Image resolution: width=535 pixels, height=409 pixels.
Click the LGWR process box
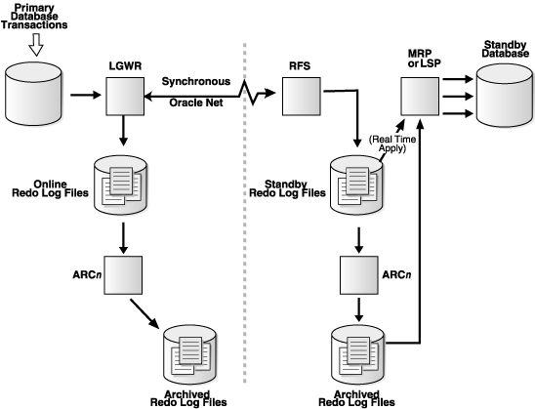[x=124, y=97]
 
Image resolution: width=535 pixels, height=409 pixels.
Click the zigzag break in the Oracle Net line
[x=257, y=97]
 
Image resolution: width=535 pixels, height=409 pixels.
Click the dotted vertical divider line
[x=241, y=244]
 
